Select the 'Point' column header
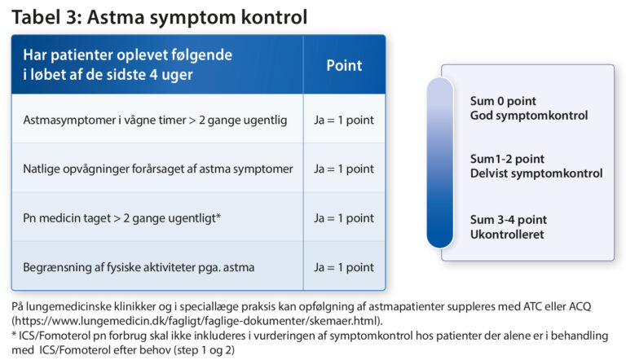tap(344, 65)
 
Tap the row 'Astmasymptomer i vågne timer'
tap(155, 120)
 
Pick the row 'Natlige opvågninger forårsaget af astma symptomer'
tap(158, 169)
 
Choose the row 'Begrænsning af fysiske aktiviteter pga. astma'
tap(146, 266)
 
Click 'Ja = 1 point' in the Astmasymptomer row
tap(344, 120)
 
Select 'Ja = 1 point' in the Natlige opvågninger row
tap(344, 169)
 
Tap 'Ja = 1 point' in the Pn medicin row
tap(344, 217)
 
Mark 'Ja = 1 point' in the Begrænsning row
tap(344, 266)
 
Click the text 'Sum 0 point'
tap(503, 101)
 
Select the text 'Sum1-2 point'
tap(505, 159)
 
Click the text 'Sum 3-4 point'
tap(508, 220)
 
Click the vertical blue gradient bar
tap(439, 163)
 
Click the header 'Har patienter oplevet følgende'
tap(128, 55)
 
